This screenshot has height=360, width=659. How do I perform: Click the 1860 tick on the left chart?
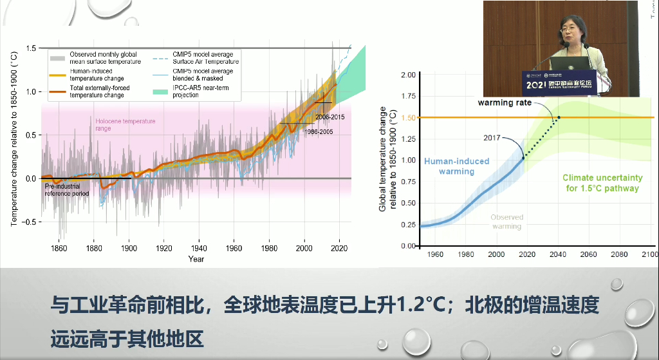59,248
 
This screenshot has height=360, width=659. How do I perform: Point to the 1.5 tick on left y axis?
30,48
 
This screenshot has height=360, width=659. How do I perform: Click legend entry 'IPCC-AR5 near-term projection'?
194,91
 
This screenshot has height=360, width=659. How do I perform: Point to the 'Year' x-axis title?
196,259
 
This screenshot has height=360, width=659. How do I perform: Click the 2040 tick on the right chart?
557,254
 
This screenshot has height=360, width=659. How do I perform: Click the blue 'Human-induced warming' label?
456,166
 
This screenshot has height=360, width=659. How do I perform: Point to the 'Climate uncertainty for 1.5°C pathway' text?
602,183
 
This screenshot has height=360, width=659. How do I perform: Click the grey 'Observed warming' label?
506,222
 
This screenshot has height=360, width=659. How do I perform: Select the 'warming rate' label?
505,103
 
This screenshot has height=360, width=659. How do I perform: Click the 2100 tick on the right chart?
649,254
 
